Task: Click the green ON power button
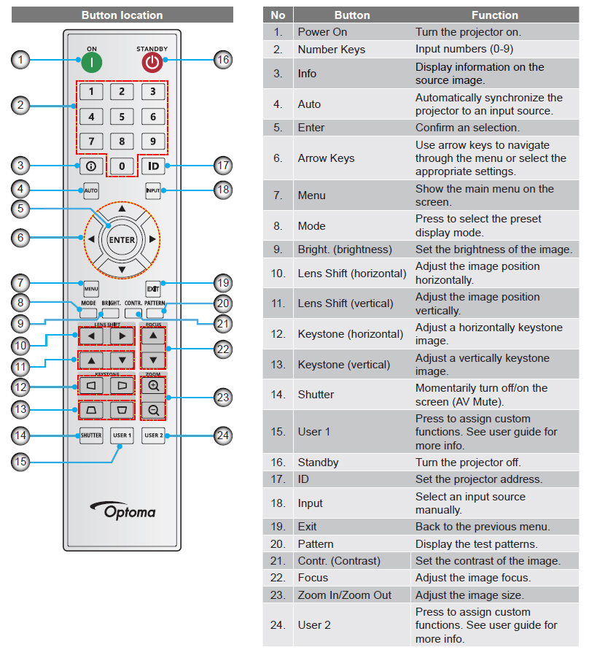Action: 92,62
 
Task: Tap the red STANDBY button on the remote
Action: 152,62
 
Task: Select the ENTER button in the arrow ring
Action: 122,239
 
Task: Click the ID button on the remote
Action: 153,166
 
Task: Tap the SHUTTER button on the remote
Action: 91,436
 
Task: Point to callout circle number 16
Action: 223,60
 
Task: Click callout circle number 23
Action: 223,398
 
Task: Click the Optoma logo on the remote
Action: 122,510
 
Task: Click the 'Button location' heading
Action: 122,15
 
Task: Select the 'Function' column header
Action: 494,15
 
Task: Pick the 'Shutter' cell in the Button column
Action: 316,394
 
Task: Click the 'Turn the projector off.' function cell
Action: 466,462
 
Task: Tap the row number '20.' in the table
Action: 278,543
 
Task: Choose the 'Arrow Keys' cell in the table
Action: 326,158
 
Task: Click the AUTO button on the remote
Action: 91,190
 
